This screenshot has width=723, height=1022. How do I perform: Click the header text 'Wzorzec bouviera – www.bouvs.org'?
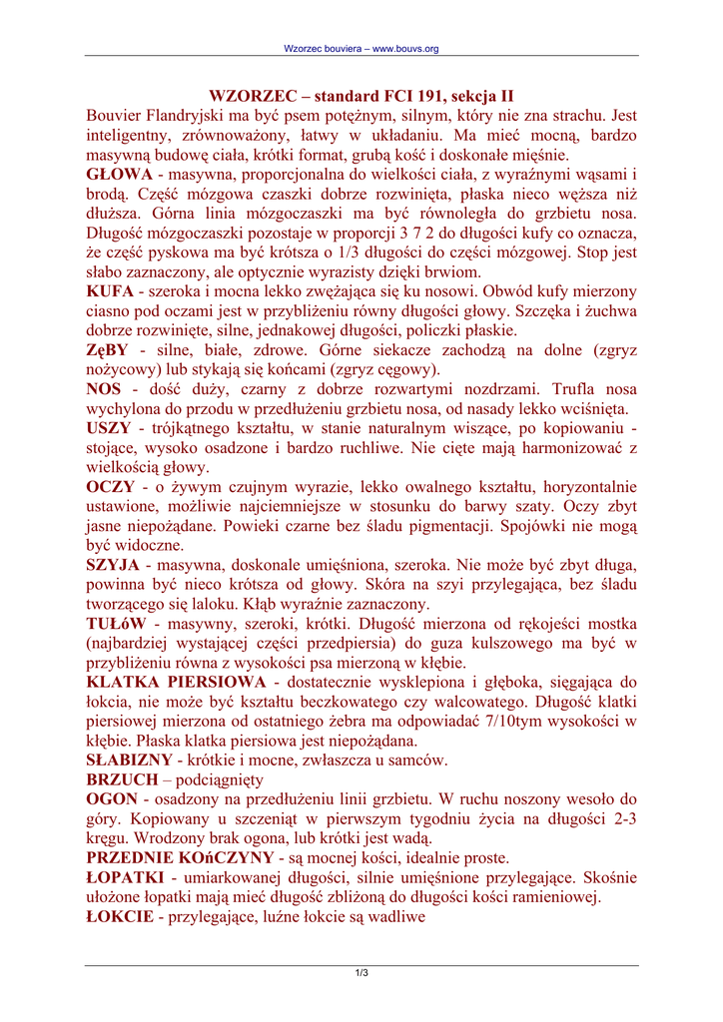(x=361, y=48)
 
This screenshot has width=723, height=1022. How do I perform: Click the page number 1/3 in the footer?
(x=361, y=973)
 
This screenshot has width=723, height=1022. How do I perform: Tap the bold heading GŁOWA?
(x=119, y=175)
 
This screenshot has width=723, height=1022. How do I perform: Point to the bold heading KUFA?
(x=111, y=291)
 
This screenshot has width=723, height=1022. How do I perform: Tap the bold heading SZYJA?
(x=113, y=565)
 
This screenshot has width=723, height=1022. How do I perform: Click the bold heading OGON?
(x=112, y=799)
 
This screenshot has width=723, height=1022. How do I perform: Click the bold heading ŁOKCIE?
(x=120, y=916)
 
